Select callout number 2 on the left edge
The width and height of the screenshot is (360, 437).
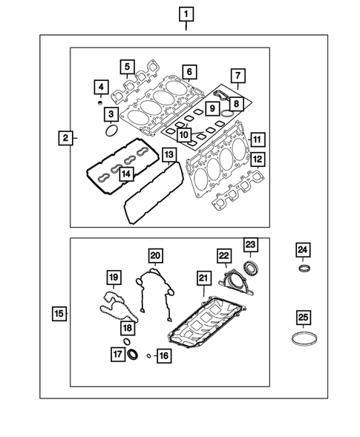[66, 138]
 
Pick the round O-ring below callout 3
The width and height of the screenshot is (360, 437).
[110, 132]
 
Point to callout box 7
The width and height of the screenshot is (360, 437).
[237, 75]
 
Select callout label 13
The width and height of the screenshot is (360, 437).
[169, 156]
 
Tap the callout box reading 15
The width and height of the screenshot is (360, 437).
[59, 314]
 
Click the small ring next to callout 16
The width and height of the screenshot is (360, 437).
[151, 355]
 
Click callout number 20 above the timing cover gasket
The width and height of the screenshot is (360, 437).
[154, 256]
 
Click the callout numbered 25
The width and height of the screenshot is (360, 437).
[303, 317]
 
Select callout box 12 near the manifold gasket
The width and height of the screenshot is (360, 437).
[257, 159]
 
